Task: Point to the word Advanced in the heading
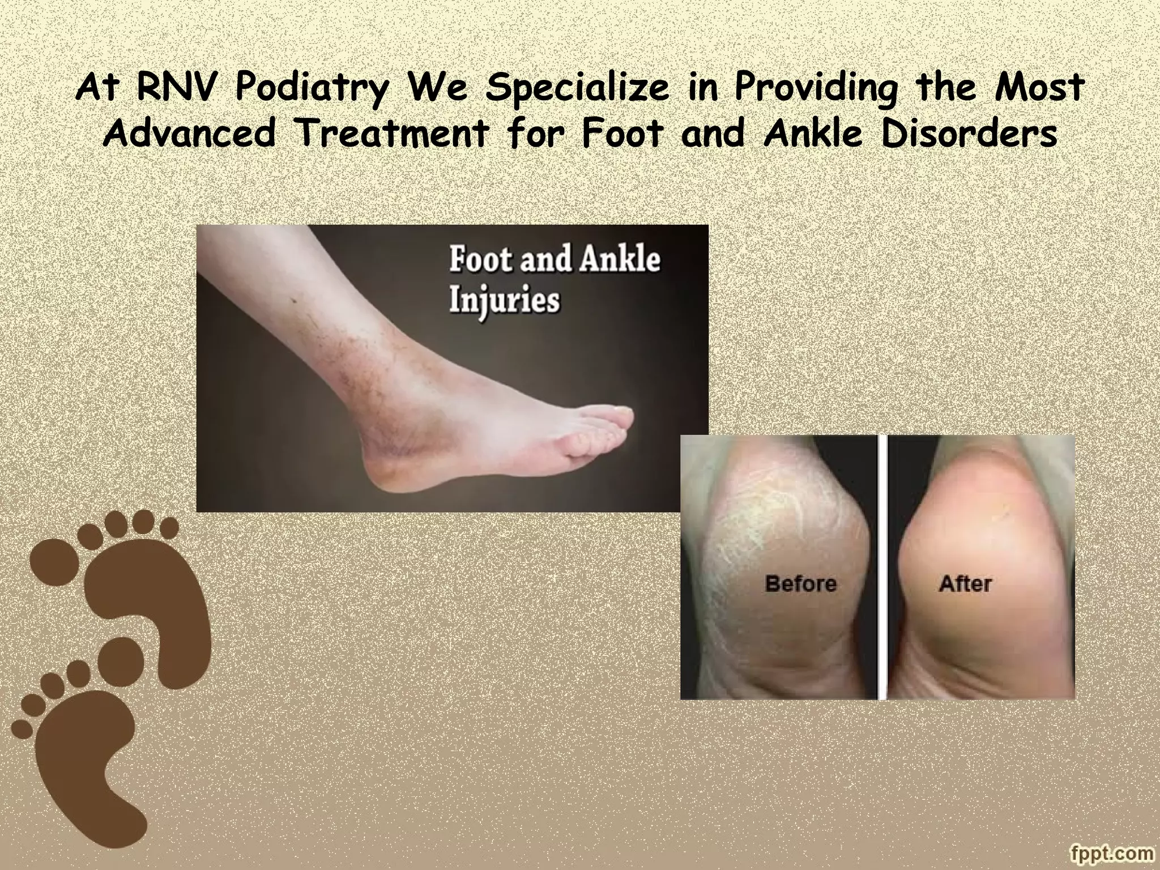[x=190, y=134]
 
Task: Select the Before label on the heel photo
[x=800, y=583]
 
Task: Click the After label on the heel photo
[x=965, y=583]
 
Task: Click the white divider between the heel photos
[x=882, y=566]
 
